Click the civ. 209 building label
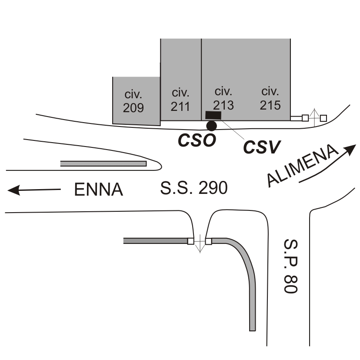pyautogui.click(x=133, y=101)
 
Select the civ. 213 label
pyautogui.click(x=223, y=98)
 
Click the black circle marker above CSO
pyautogui.click(x=211, y=126)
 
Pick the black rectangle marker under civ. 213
pyautogui.click(x=213, y=115)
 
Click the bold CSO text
pyautogui.click(x=197, y=140)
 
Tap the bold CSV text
pyautogui.click(x=261, y=147)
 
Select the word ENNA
pyautogui.click(x=99, y=190)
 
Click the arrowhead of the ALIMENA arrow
pyautogui.click(x=351, y=149)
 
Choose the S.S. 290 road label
pyautogui.click(x=194, y=188)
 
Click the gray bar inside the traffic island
pyautogui.click(x=103, y=163)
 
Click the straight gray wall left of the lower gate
pyautogui.click(x=155, y=240)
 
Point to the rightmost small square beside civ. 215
pyautogui.click(x=323, y=118)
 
